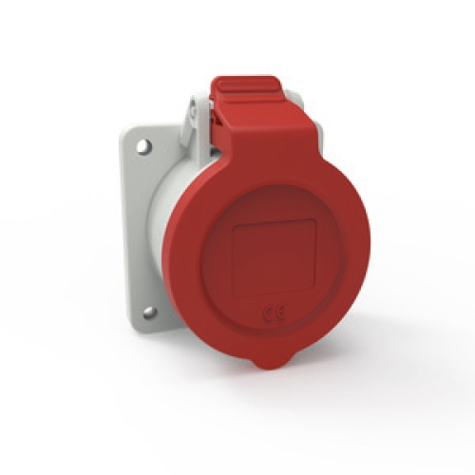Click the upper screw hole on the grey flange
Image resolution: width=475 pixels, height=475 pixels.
point(144,146)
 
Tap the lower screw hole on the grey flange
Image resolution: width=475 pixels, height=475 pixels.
point(149,313)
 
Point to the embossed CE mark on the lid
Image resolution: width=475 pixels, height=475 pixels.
point(275,313)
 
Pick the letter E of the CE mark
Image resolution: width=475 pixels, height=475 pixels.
point(281,313)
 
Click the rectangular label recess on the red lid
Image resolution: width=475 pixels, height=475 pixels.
point(275,257)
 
